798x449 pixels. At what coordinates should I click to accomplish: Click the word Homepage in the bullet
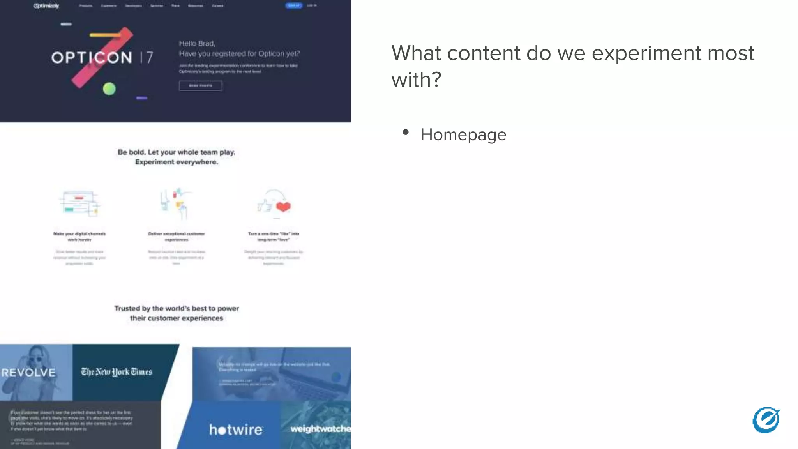point(463,135)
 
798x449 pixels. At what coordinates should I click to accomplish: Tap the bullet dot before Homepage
point(406,133)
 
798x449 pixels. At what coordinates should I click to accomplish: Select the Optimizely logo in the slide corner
point(766,420)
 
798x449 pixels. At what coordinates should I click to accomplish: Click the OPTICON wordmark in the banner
point(92,58)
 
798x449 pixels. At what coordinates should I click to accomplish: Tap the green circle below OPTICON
point(109,89)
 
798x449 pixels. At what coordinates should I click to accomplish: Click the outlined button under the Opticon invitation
point(200,85)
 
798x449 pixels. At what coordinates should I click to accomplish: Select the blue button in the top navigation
point(294,5)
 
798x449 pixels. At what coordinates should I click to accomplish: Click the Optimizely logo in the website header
point(46,6)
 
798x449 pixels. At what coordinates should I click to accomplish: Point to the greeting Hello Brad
point(197,43)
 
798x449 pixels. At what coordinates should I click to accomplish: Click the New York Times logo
point(117,372)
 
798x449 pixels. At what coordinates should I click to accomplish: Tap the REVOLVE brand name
point(28,373)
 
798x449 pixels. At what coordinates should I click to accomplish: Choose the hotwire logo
point(236,430)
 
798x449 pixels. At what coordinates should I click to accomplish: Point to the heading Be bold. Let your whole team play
point(177,152)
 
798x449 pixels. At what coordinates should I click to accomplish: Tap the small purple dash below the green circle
point(141,98)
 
